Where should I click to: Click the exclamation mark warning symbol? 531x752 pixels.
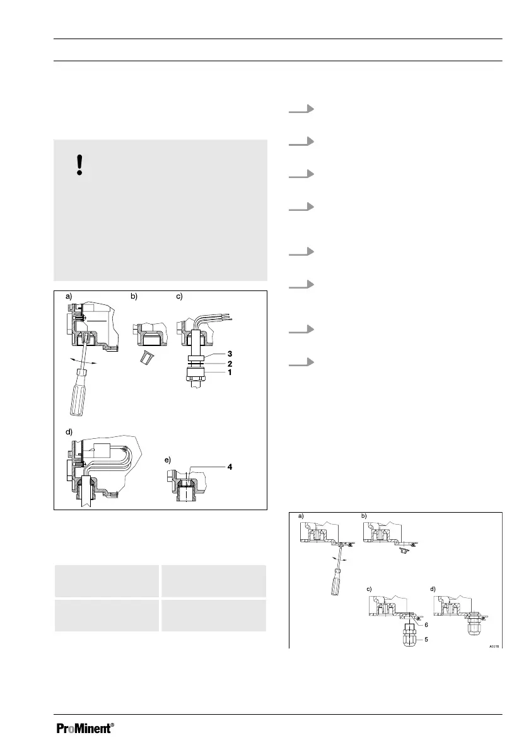point(79,165)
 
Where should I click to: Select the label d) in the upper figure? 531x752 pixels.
point(67,431)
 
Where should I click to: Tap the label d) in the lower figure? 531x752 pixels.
point(433,589)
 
